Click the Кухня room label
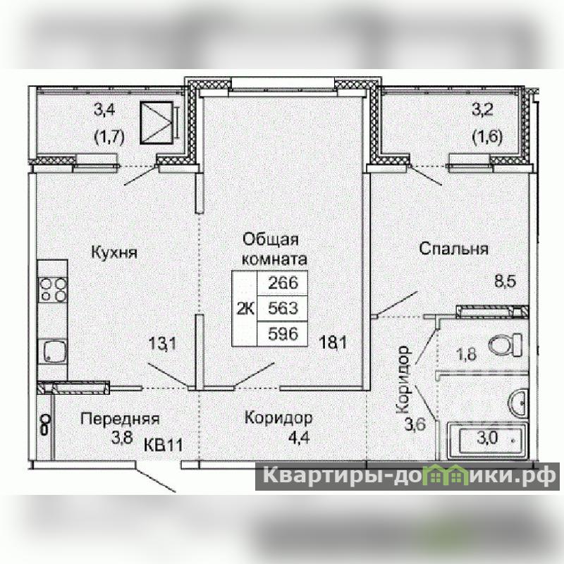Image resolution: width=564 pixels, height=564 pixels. (x=114, y=252)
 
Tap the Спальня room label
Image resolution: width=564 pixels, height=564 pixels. (x=454, y=249)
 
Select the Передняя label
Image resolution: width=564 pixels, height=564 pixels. (x=120, y=419)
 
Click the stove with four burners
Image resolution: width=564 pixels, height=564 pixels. (x=53, y=289)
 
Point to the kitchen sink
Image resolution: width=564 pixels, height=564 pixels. (x=54, y=350)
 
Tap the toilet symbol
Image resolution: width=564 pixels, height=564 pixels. (x=505, y=344)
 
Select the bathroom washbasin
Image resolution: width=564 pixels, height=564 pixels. (x=518, y=403)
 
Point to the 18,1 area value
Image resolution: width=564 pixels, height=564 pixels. (x=333, y=343)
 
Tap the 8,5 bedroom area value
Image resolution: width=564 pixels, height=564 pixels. (x=505, y=281)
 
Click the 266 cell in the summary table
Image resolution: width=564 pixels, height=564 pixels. (x=283, y=283)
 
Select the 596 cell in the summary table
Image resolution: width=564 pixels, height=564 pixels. (x=283, y=334)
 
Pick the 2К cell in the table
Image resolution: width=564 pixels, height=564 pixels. (x=245, y=309)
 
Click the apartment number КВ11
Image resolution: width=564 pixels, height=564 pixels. (x=164, y=446)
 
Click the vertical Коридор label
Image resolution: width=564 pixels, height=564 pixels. (x=403, y=379)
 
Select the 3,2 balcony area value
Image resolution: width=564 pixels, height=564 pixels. (x=482, y=110)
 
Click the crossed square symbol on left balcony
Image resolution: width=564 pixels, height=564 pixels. (x=157, y=122)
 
